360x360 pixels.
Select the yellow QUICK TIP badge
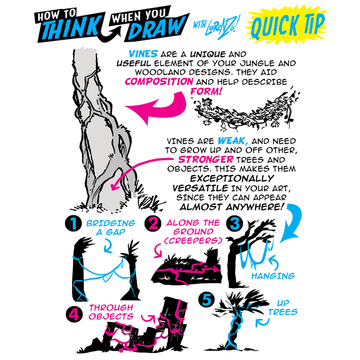pos(287,25)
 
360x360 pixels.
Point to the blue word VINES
pos(143,54)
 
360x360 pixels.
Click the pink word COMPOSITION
pos(159,81)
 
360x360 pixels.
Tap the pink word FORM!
pos(206,91)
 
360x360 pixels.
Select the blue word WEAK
pos(233,140)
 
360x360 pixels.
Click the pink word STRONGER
pos(206,159)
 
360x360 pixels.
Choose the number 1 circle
pos(74,223)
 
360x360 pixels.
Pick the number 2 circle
pos(153,223)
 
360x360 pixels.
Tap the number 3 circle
pos(235,223)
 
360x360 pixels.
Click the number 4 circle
pos(74,315)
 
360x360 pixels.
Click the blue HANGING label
pos(273,275)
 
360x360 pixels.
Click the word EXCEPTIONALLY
pos(232,178)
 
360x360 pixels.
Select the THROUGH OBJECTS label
pos(111,312)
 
